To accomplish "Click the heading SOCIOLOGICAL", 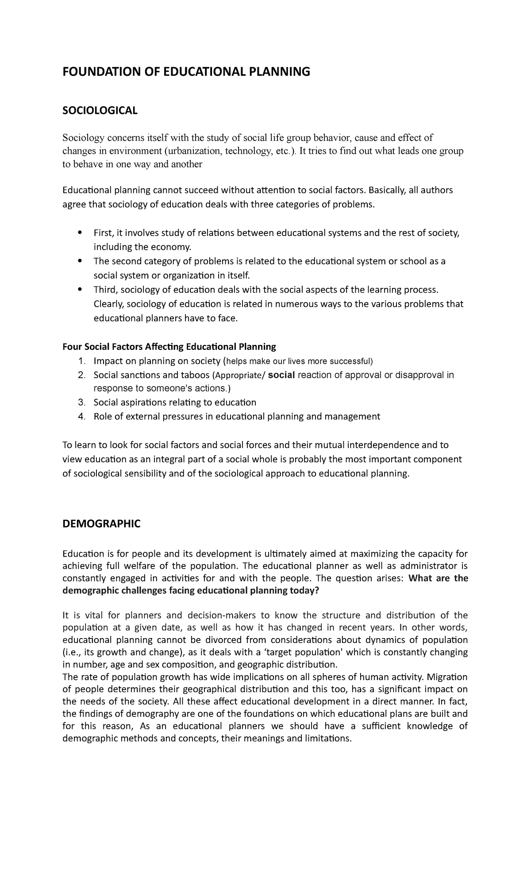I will click(100, 111).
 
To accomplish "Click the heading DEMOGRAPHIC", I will click(101, 524).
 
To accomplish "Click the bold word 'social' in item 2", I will click(281, 375).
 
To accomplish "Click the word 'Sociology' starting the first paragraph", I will click(82, 138).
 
